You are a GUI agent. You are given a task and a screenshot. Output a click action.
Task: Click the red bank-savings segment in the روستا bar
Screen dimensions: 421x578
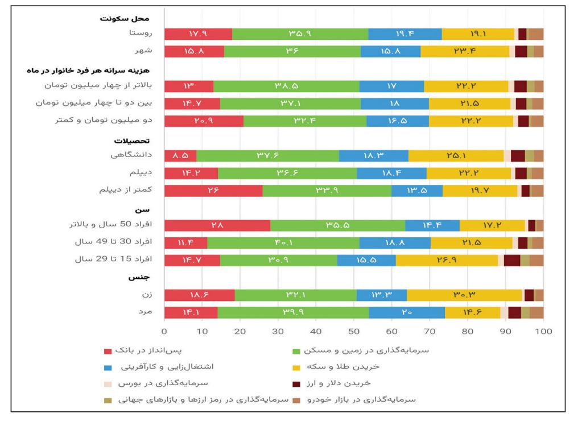click(198, 34)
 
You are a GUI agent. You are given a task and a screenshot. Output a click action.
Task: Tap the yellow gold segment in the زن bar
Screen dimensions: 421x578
click(464, 295)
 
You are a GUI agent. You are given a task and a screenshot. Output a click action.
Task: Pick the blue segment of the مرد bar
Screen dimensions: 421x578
click(407, 312)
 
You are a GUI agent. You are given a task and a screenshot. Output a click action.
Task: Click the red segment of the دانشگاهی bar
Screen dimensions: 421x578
click(180, 155)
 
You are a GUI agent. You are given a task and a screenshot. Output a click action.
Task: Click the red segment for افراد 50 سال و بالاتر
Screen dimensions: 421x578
click(217, 225)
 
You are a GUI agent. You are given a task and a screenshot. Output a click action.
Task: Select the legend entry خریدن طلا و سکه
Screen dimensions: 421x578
click(370, 367)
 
